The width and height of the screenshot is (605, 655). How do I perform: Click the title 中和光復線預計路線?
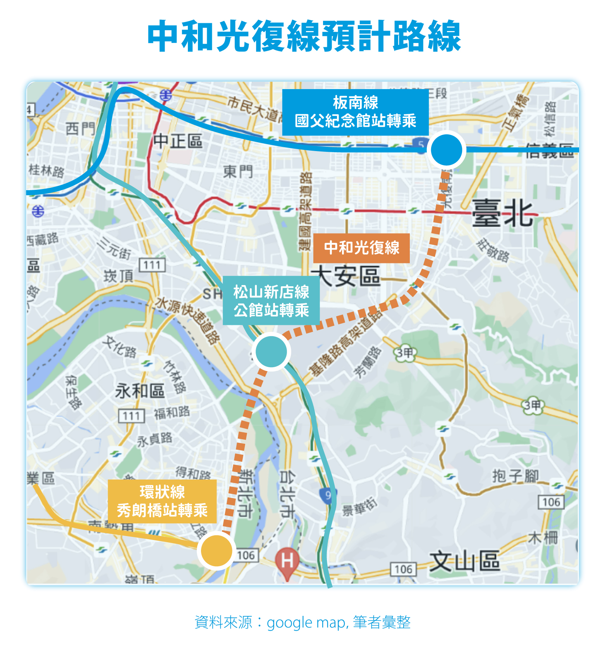click(304, 37)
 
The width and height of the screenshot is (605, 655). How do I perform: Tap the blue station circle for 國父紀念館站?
click(446, 150)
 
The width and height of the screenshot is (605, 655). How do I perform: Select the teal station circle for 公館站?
click(271, 351)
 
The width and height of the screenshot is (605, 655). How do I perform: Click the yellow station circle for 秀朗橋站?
click(217, 550)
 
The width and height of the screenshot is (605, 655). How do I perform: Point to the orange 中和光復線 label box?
click(361, 248)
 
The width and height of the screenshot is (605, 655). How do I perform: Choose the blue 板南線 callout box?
click(355, 112)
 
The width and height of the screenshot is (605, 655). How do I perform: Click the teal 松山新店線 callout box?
click(271, 301)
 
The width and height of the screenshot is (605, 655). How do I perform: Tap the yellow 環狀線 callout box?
click(162, 501)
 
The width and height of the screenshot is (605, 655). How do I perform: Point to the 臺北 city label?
click(502, 213)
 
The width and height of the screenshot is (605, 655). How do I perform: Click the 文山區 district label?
click(465, 562)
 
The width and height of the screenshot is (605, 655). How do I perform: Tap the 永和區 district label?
click(140, 391)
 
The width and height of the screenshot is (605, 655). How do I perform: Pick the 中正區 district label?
click(178, 141)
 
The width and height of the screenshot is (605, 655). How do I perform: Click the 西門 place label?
click(80, 128)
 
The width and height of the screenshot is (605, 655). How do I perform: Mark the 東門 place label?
click(238, 171)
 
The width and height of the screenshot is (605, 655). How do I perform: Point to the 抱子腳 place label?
click(515, 476)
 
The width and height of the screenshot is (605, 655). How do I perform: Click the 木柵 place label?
click(543, 538)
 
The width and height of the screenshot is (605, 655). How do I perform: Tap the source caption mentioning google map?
click(302, 622)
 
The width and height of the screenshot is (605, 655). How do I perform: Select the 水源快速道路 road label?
click(187, 320)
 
